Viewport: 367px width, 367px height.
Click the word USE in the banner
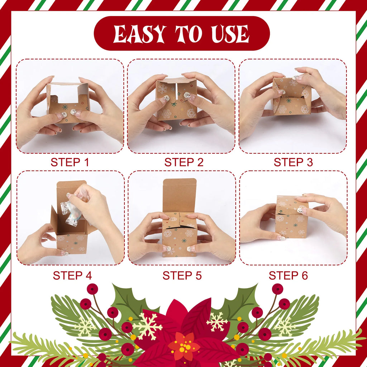229,34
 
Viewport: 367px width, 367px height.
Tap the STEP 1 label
70,162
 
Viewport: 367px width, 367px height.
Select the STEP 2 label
184,162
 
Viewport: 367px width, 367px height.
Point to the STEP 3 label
293,162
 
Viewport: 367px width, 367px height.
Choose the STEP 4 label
72,275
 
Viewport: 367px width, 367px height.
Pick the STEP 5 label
182,275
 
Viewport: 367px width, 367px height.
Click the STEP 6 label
288,275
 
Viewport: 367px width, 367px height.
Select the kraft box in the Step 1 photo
68,102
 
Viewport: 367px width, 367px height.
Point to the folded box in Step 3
291,96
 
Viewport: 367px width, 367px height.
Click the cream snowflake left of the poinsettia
147,326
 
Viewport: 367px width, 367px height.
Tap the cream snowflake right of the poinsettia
217,321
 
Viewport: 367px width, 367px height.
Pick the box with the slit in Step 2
177,99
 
